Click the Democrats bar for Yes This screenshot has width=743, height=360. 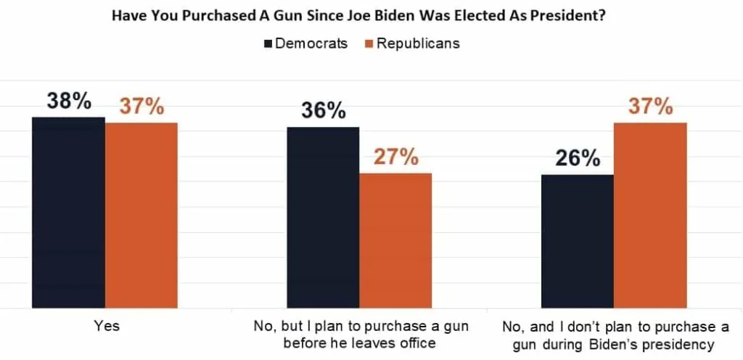click(x=68, y=212)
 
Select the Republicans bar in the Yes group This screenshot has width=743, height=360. click(x=141, y=215)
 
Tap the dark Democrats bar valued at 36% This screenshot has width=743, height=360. click(x=323, y=217)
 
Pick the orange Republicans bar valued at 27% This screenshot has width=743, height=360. click(x=395, y=240)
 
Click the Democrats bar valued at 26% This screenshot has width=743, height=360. click(x=578, y=241)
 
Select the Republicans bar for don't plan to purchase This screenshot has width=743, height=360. click(x=650, y=215)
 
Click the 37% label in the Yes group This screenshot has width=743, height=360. click(x=141, y=107)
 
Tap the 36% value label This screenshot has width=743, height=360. click(x=323, y=111)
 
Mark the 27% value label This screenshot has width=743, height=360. click(x=395, y=157)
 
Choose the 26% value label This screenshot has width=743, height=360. click(x=578, y=157)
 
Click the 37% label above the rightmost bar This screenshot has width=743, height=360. click(x=650, y=107)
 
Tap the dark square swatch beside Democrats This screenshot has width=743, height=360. click(x=268, y=44)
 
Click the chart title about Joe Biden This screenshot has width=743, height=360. click(x=371, y=15)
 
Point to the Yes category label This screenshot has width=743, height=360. click(x=107, y=327)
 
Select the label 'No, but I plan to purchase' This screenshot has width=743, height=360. click(x=360, y=335)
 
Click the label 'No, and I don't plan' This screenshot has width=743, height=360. click(x=614, y=335)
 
